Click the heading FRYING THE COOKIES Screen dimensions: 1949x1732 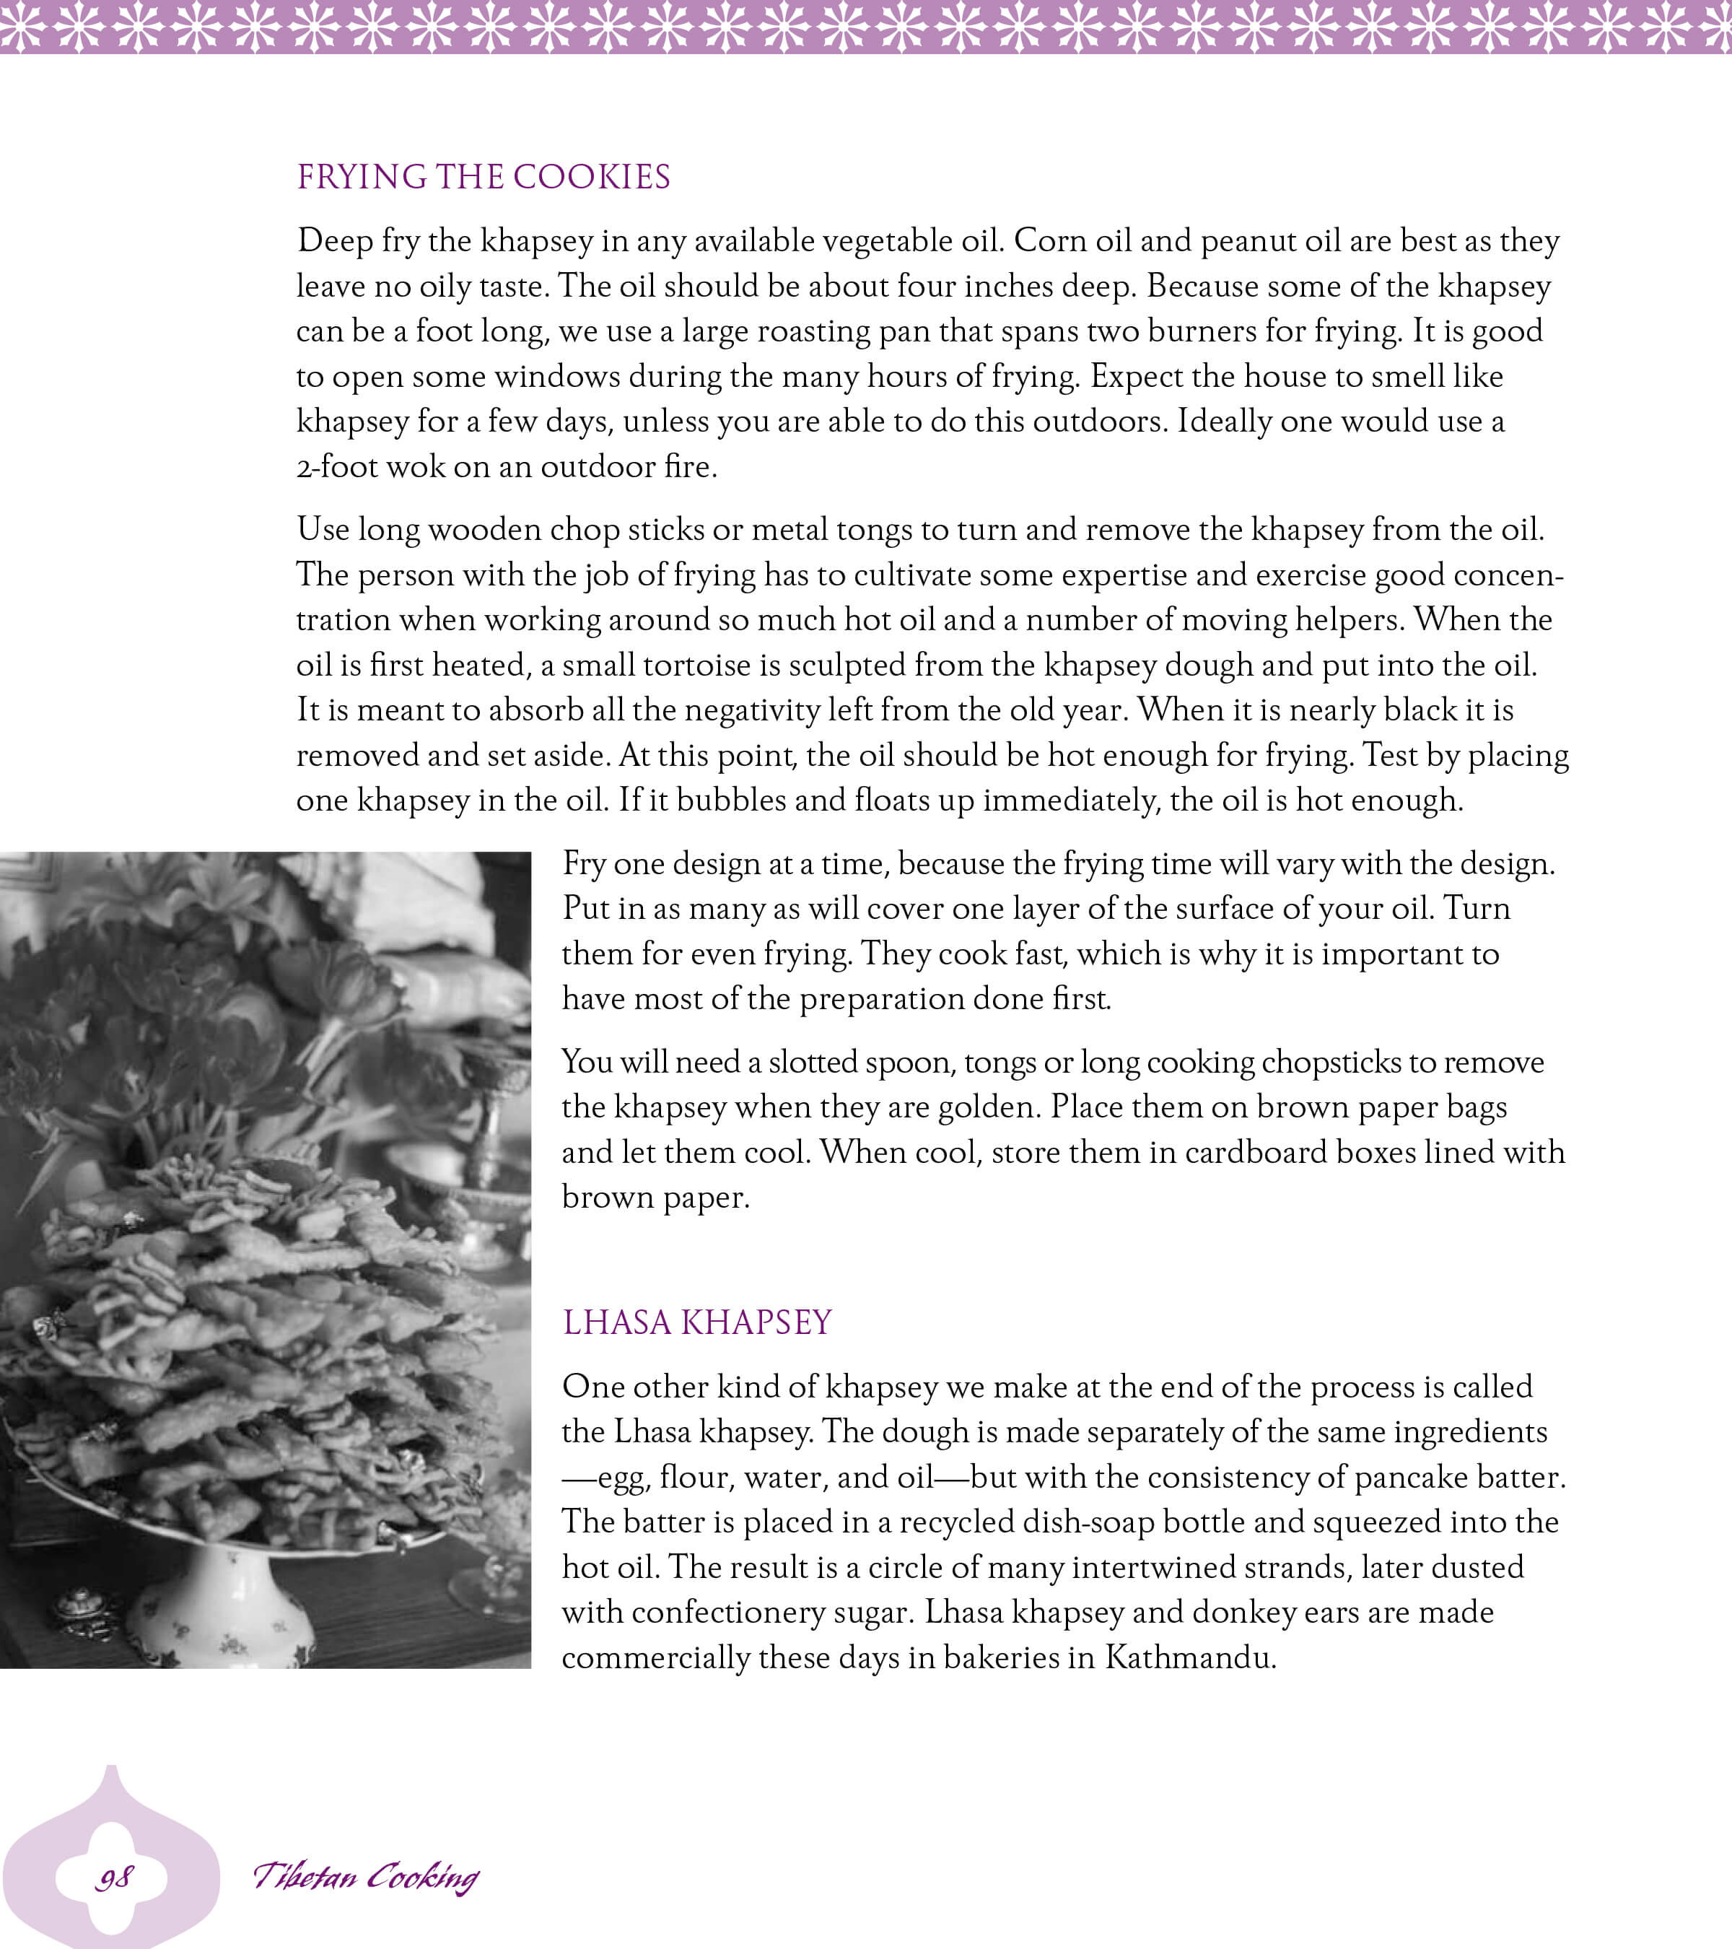484,178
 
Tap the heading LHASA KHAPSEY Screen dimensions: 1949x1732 697,1322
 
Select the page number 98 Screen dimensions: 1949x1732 113,1878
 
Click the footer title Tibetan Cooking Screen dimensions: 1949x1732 365,1877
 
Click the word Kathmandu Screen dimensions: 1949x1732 1189,1657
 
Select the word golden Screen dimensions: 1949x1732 989,1107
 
